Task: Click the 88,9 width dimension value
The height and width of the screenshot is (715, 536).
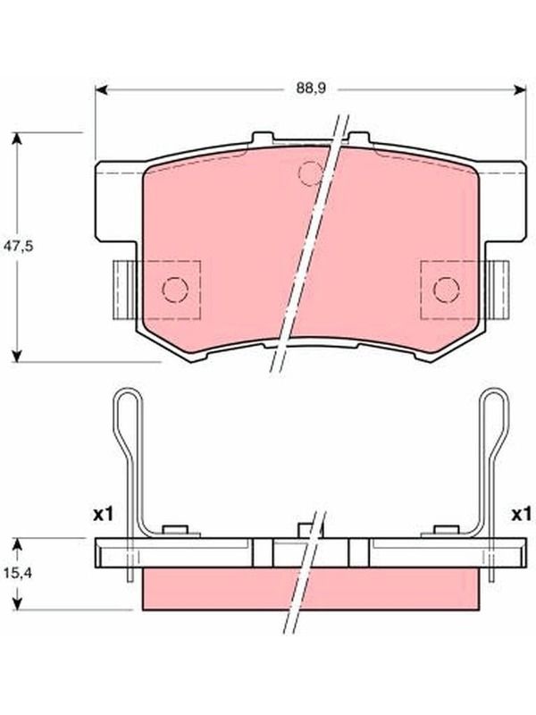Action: (310, 88)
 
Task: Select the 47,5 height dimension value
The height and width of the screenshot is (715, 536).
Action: (18, 247)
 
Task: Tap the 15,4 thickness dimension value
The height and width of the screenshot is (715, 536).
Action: (17, 573)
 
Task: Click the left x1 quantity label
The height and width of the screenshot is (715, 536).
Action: (103, 515)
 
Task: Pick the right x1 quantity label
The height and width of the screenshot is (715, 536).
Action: (521, 515)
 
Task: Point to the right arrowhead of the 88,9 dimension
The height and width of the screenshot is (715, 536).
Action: (519, 90)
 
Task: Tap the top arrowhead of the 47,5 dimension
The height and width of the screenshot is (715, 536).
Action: (17, 139)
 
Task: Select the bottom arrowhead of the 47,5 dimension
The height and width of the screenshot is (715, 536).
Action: (17, 356)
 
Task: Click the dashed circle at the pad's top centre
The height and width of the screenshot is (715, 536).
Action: (310, 172)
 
